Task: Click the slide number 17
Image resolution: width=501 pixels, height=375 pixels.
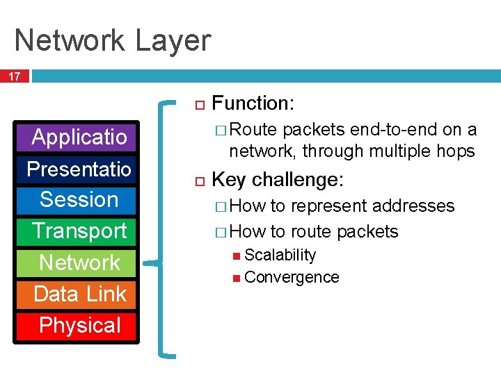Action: (x=15, y=74)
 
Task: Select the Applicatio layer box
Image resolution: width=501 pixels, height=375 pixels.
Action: (x=79, y=137)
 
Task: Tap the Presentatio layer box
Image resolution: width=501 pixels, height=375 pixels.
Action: (x=79, y=169)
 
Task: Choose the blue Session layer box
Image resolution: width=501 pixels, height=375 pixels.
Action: (x=79, y=199)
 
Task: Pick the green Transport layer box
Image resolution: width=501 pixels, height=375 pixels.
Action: (x=79, y=231)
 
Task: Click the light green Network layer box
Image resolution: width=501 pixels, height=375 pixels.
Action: (x=79, y=262)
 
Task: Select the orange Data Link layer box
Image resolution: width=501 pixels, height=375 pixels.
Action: (x=79, y=294)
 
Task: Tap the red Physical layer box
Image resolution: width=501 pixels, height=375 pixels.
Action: (x=79, y=325)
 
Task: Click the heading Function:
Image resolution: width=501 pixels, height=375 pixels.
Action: (x=253, y=103)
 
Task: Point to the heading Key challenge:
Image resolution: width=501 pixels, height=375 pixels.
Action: (x=277, y=180)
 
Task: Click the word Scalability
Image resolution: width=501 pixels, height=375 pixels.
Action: (x=280, y=256)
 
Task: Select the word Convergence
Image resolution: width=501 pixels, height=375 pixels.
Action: (x=292, y=278)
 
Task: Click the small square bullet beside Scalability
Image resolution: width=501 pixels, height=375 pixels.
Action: (x=237, y=256)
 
